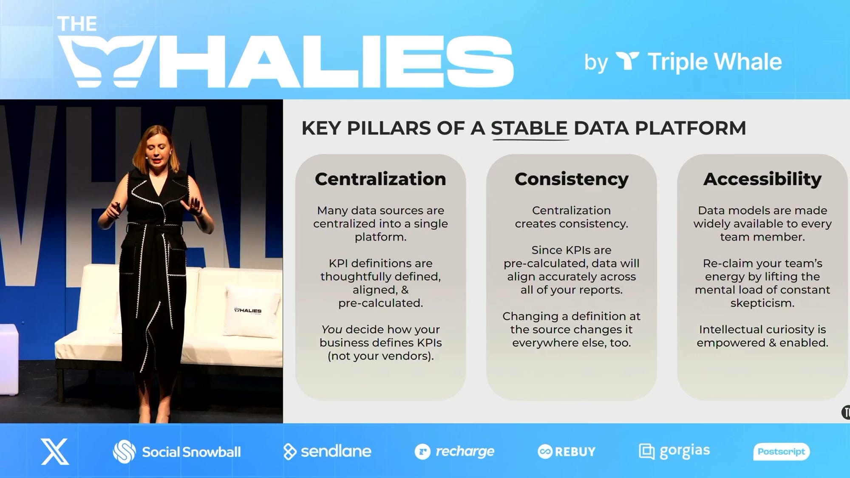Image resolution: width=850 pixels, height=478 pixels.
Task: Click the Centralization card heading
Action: (380, 179)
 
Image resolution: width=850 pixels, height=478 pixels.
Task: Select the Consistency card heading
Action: (572, 179)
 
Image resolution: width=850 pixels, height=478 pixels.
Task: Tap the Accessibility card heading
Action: (762, 179)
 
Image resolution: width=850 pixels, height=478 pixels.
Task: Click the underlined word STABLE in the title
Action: (529, 128)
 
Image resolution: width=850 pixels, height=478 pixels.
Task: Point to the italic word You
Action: (331, 329)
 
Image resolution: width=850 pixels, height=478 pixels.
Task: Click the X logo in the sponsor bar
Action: (55, 452)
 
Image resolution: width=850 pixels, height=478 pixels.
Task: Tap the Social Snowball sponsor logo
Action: (177, 452)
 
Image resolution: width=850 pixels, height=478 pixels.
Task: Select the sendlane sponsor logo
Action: (327, 451)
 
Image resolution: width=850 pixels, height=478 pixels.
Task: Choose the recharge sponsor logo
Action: (454, 452)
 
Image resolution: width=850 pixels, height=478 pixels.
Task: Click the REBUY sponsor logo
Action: (567, 452)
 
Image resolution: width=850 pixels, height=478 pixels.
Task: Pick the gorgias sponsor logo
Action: (674, 452)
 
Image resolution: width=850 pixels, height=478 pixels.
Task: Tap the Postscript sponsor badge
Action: (782, 452)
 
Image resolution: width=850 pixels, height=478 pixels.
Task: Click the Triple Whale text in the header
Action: (715, 62)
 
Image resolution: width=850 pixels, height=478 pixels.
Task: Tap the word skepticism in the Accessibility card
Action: (762, 303)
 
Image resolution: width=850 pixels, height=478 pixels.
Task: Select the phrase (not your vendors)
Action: (381, 356)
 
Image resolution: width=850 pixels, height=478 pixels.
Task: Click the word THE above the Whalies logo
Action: (77, 24)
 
